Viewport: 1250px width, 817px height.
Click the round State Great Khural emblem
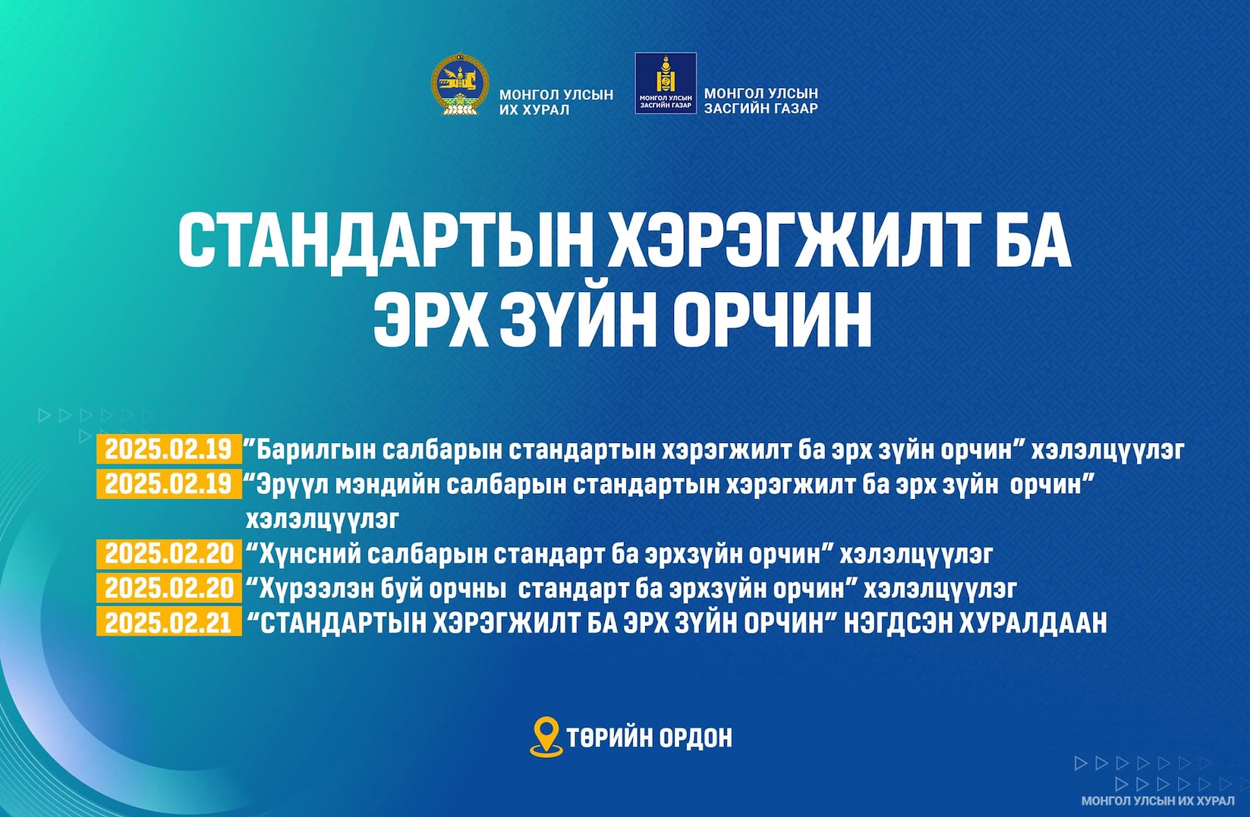[460, 84]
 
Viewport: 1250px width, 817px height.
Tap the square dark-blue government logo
[666, 83]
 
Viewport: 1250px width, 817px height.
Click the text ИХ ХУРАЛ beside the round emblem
[534, 110]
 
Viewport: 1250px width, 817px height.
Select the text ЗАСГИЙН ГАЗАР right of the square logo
[760, 108]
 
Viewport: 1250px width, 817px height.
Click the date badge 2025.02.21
[169, 622]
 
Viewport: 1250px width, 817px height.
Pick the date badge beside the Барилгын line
[169, 449]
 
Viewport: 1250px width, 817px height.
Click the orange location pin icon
[546, 737]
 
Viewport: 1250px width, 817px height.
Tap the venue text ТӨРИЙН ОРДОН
[650, 738]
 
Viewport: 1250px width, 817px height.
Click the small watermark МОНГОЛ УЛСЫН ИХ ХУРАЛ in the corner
[1158, 801]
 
